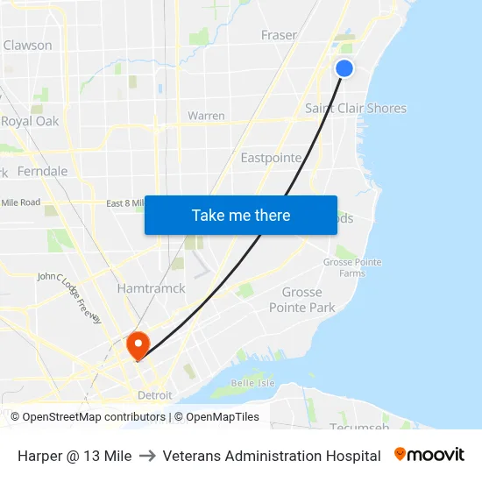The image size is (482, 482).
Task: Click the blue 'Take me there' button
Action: point(241,215)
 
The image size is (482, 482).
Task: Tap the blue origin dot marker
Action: point(344,68)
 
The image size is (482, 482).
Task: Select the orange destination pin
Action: point(138,344)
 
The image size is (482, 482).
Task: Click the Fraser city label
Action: point(279,35)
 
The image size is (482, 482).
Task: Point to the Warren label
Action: point(206,116)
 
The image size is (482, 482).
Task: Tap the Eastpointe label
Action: point(271,159)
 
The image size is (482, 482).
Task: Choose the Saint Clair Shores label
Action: point(356,109)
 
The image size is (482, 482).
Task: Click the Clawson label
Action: point(27,46)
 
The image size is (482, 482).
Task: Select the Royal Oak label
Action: point(30,122)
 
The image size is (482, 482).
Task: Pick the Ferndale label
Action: point(42,171)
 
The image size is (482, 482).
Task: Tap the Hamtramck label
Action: point(151,288)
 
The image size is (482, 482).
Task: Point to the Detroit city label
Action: point(155,395)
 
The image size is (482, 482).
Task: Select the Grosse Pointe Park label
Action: point(302,300)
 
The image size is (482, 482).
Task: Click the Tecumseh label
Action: point(358,427)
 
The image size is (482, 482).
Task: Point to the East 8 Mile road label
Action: point(124,203)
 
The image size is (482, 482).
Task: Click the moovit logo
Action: point(429,455)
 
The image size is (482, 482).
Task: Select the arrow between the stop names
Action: point(147,456)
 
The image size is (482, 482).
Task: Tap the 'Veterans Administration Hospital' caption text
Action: point(272,456)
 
